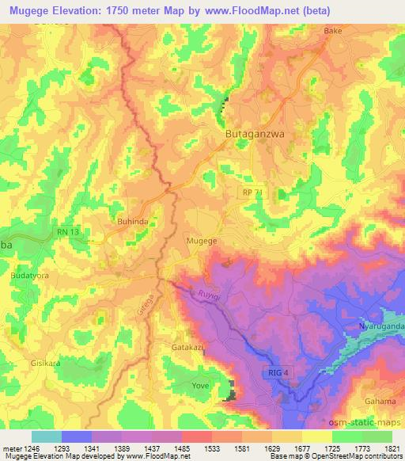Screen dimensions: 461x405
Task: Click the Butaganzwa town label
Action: [x=252, y=135]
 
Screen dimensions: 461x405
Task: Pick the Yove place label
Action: [x=199, y=387]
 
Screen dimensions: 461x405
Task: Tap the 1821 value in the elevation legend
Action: [x=393, y=448]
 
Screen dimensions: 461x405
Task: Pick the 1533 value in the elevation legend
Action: [x=212, y=448]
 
